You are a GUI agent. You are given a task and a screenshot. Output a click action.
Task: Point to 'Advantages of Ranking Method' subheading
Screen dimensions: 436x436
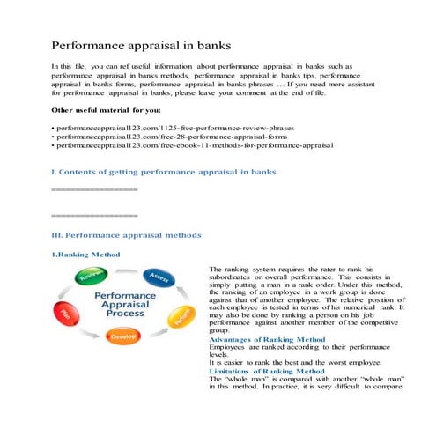click(267, 339)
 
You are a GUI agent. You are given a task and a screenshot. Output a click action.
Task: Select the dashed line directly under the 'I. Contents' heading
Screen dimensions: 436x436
click(94, 189)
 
